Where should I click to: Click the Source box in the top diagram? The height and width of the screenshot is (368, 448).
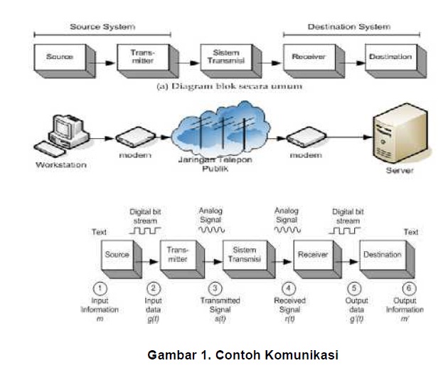60,57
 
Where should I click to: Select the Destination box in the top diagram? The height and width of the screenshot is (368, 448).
390,57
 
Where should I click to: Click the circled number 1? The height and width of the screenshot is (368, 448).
102,288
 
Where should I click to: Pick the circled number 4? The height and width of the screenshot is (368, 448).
288,288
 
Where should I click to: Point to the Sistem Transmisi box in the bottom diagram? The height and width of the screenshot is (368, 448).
244,256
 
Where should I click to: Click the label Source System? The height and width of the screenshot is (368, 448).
102,27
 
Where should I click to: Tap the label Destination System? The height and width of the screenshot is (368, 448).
348,27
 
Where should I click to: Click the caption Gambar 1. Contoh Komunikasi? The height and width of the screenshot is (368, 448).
242,354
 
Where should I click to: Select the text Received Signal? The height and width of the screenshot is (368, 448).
287,305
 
